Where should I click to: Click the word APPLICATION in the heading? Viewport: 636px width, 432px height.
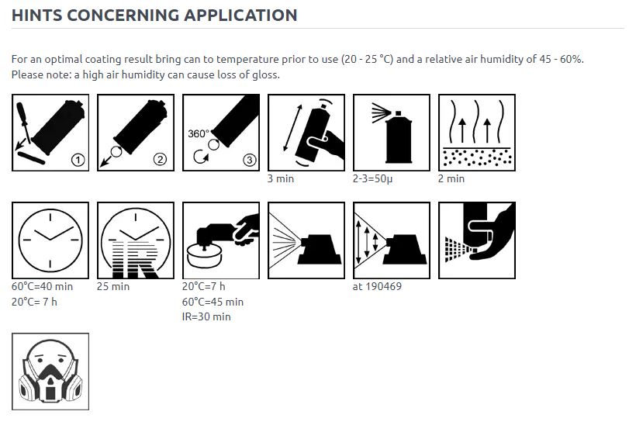point(240,15)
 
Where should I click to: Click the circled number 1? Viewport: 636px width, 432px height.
point(78,160)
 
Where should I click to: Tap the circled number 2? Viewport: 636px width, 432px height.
point(161,160)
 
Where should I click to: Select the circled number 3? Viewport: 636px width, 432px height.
point(249,160)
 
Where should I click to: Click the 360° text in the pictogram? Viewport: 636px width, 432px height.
point(199,133)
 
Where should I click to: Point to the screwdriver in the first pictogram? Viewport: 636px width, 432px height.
point(23,123)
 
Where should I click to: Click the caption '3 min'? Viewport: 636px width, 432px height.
point(281,178)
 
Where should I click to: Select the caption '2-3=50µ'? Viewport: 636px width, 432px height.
point(373,179)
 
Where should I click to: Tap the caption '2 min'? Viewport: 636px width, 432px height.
point(451,178)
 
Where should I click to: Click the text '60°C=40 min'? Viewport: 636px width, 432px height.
point(42,286)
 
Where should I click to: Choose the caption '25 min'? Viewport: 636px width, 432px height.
point(113,286)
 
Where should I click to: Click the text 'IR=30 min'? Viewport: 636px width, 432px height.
point(206,316)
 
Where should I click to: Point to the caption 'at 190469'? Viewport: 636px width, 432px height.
point(377,286)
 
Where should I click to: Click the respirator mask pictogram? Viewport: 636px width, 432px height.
point(50,372)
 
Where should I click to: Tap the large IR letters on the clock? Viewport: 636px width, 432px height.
point(135,260)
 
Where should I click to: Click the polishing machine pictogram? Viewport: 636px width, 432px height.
point(221,240)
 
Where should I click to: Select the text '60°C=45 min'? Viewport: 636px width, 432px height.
point(213,302)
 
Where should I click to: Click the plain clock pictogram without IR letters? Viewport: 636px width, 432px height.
point(50,240)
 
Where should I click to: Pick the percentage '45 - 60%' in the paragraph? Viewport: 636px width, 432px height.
point(562,59)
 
